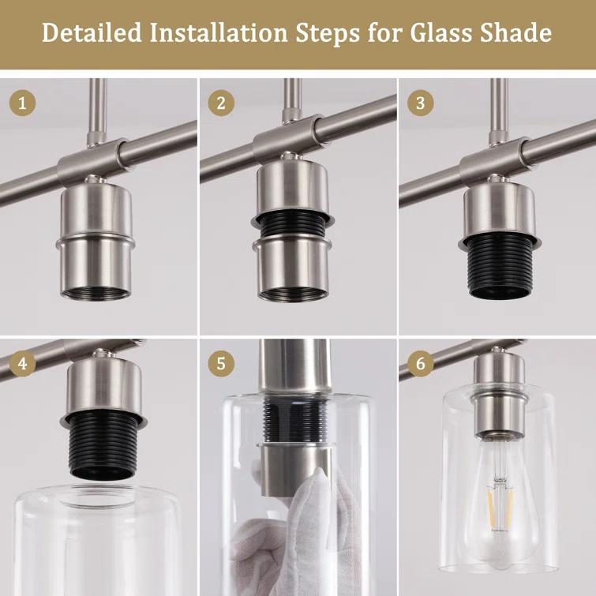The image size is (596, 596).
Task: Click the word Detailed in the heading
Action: pos(92,32)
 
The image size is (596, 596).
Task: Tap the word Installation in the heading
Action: pos(219,32)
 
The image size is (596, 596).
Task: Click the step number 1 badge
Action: pos(22,103)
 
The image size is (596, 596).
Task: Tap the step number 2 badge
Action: pos(221,103)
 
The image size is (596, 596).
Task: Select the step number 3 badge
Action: pos(421,103)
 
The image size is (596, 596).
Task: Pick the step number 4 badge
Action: pos(22,364)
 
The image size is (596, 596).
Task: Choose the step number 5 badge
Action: pos(221,364)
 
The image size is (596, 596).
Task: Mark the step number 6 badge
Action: pos(421,364)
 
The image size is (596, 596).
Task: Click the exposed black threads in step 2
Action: pos(292,229)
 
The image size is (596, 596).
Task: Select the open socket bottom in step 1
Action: pos(96,293)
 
